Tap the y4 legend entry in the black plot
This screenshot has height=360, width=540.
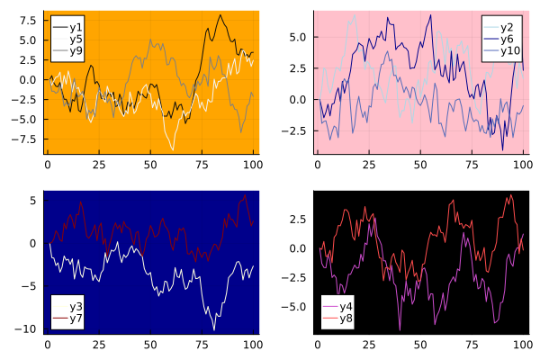346,306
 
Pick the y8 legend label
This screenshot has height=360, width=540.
346,318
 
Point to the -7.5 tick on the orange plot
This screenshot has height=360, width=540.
25,139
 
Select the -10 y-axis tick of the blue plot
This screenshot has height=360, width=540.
27,328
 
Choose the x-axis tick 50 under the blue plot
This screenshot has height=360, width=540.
149,344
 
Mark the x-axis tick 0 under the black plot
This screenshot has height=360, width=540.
318,344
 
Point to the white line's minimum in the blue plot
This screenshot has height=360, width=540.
214,329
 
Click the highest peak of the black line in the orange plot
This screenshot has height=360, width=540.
221,14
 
